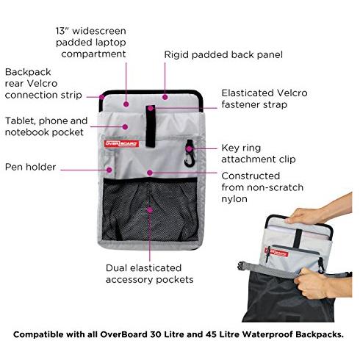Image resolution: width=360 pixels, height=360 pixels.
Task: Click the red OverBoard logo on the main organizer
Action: click(121, 143)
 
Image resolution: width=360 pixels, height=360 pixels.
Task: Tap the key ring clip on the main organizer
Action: click(189, 154)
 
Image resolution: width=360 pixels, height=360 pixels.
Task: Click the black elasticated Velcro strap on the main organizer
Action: click(151, 126)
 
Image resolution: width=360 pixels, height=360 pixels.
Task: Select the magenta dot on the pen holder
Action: click(109, 170)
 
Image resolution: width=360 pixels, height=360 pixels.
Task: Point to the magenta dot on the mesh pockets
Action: click(150, 210)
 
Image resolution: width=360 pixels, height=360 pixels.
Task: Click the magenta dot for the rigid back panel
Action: click(165, 97)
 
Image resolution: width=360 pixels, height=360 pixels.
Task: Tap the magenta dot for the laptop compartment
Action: click(126, 104)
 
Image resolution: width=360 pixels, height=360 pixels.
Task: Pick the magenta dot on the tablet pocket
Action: click(125, 126)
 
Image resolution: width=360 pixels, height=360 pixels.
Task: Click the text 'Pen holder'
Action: click(31, 167)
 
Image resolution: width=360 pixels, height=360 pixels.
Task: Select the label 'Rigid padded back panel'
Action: click(223, 54)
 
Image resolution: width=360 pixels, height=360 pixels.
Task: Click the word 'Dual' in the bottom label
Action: click(117, 268)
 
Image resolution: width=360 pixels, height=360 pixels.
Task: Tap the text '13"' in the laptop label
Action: click(62, 31)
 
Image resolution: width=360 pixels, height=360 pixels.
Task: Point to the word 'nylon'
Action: click(234, 199)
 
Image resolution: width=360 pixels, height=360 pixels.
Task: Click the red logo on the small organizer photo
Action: click(276, 253)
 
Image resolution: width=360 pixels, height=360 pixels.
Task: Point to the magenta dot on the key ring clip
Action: click(189, 148)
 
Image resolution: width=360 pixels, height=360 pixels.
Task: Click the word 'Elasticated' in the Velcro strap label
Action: click(248, 93)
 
